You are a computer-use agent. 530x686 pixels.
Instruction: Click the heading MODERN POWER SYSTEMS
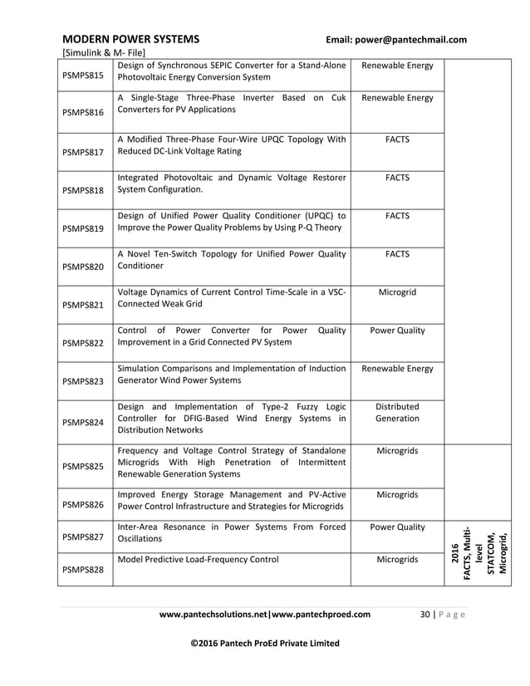point(130,39)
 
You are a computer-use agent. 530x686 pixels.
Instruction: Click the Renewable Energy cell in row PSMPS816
point(397,98)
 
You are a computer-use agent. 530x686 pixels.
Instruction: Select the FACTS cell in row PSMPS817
point(397,140)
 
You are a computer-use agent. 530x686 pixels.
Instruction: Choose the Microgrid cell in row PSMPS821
point(397,292)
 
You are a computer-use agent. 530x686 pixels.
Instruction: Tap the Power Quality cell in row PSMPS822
point(397,331)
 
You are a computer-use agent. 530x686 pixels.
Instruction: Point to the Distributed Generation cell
point(397,413)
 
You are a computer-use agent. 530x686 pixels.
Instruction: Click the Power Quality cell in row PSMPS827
point(397,527)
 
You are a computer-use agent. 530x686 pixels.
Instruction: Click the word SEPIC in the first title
point(240,65)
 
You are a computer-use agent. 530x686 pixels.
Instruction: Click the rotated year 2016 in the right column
point(454,553)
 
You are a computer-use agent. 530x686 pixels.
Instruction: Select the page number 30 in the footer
point(425,615)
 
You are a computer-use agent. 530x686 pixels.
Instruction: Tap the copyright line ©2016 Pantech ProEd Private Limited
point(265,643)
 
